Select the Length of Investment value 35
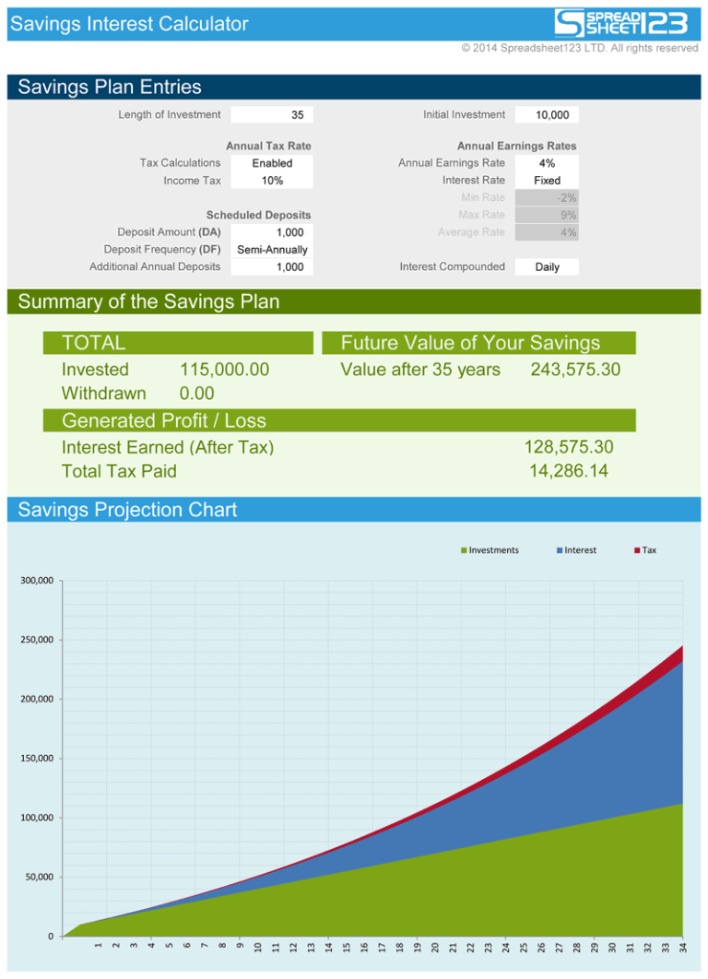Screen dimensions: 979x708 [x=272, y=115]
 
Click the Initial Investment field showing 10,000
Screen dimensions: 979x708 [x=547, y=115]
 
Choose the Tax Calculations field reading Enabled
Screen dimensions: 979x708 [x=272, y=163]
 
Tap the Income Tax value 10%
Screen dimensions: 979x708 [x=272, y=181]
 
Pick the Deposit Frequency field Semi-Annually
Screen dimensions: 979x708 [x=272, y=250]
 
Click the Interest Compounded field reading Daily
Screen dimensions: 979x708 [x=547, y=267]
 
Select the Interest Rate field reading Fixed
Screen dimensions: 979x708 [x=547, y=181]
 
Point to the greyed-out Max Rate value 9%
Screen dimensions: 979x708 [x=547, y=215]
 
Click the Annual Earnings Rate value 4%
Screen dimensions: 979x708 [x=547, y=163]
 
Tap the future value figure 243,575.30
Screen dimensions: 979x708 [x=575, y=370]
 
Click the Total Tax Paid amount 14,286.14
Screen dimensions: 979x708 [x=568, y=471]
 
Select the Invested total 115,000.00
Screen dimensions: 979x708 [x=224, y=370]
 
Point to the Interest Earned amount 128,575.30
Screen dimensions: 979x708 [x=568, y=447]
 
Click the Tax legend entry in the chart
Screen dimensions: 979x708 [x=645, y=550]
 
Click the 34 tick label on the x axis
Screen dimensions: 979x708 [x=681, y=947]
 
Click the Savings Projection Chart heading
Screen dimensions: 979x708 [x=127, y=510]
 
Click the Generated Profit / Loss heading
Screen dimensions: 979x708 [x=163, y=421]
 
